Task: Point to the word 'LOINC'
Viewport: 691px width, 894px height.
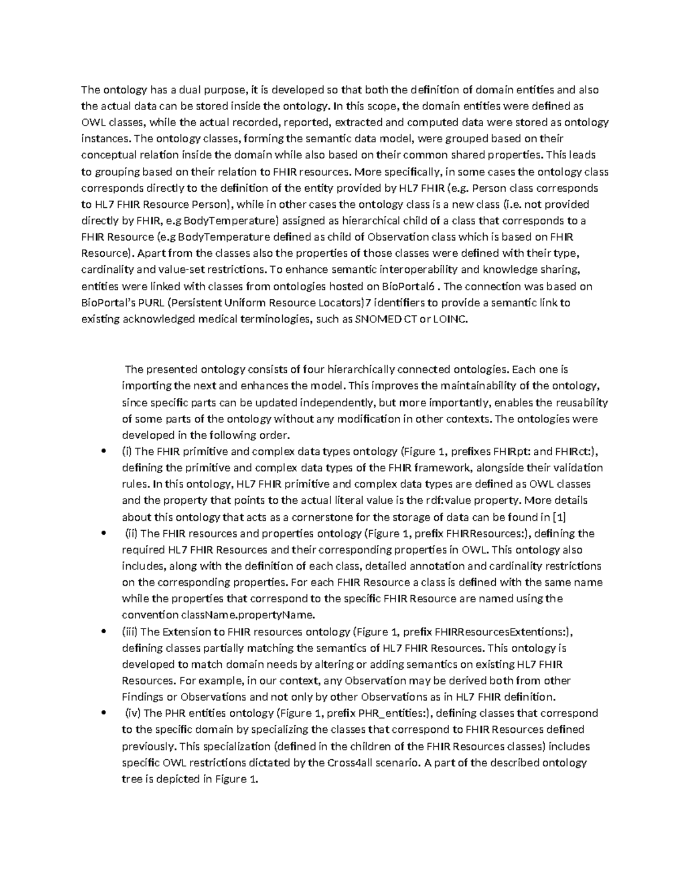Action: pyautogui.click(x=452, y=319)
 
